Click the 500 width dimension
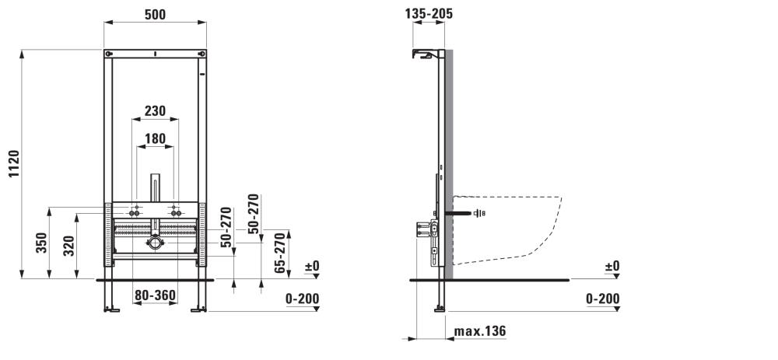point(155,14)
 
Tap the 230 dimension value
point(155,111)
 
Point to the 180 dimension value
point(155,139)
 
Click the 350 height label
point(42,243)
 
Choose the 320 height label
point(69,246)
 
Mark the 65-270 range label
point(282,253)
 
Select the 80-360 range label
point(156,296)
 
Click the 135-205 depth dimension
point(429,13)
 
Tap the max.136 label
point(480,330)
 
